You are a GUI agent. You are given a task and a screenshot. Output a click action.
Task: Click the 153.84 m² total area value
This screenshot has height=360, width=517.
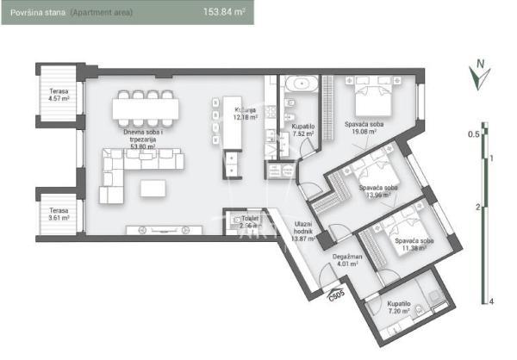click(x=222, y=14)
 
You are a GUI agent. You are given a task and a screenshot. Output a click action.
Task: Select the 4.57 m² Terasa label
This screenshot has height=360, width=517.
click(x=59, y=94)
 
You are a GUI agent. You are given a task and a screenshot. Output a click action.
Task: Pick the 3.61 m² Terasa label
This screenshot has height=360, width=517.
click(x=59, y=214)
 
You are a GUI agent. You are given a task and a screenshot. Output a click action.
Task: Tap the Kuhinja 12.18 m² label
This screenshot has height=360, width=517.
click(x=246, y=115)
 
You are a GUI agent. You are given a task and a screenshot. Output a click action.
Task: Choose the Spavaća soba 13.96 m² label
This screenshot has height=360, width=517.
click(x=378, y=191)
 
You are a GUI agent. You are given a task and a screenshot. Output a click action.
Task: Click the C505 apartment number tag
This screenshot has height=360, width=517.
click(x=336, y=295)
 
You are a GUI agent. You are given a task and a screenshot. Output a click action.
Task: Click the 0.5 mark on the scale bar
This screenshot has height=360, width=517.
click(x=473, y=134)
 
